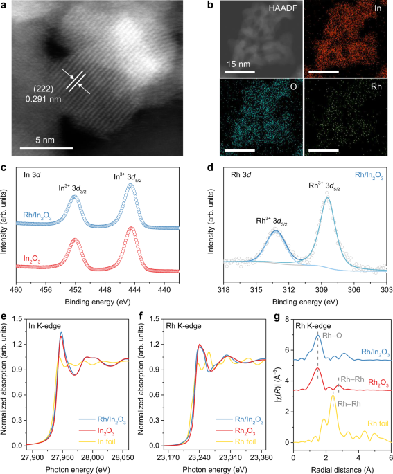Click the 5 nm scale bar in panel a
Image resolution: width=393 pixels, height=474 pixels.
tap(46, 147)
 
